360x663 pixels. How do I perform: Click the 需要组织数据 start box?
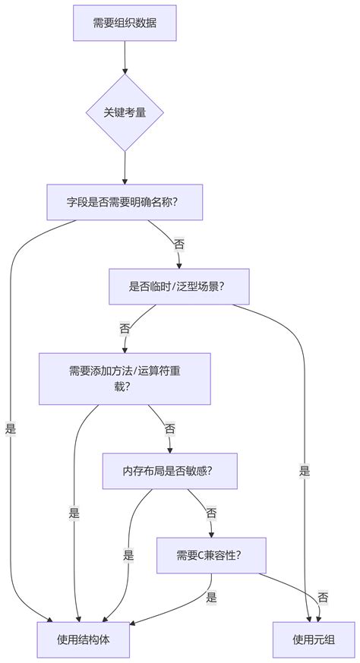(125, 23)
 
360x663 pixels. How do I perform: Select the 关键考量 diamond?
(124, 112)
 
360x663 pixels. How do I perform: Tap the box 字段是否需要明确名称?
(124, 202)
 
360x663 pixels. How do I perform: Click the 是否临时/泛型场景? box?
(178, 286)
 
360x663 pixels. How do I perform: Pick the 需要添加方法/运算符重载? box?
(125, 378)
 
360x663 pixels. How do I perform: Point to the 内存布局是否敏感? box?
(169, 471)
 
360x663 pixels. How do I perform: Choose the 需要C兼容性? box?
(211, 554)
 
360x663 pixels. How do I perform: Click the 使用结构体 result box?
(83, 639)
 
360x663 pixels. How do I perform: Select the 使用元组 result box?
(313, 639)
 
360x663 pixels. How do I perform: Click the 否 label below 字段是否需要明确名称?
(178, 245)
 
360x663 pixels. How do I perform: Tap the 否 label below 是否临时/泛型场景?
(125, 329)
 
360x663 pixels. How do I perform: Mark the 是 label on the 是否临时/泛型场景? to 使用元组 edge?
(305, 471)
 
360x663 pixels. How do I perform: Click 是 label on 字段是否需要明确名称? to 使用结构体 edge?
(11, 428)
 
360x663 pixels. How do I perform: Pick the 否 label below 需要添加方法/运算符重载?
(169, 428)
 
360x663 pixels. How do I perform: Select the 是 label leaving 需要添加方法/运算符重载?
(74, 513)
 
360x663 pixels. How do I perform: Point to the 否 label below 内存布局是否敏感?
(211, 513)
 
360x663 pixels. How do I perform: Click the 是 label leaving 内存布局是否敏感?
(128, 555)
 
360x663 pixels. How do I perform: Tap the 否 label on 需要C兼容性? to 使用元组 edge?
(323, 598)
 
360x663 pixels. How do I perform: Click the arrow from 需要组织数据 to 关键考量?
(125, 57)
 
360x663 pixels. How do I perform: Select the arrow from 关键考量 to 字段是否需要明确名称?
(124, 167)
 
